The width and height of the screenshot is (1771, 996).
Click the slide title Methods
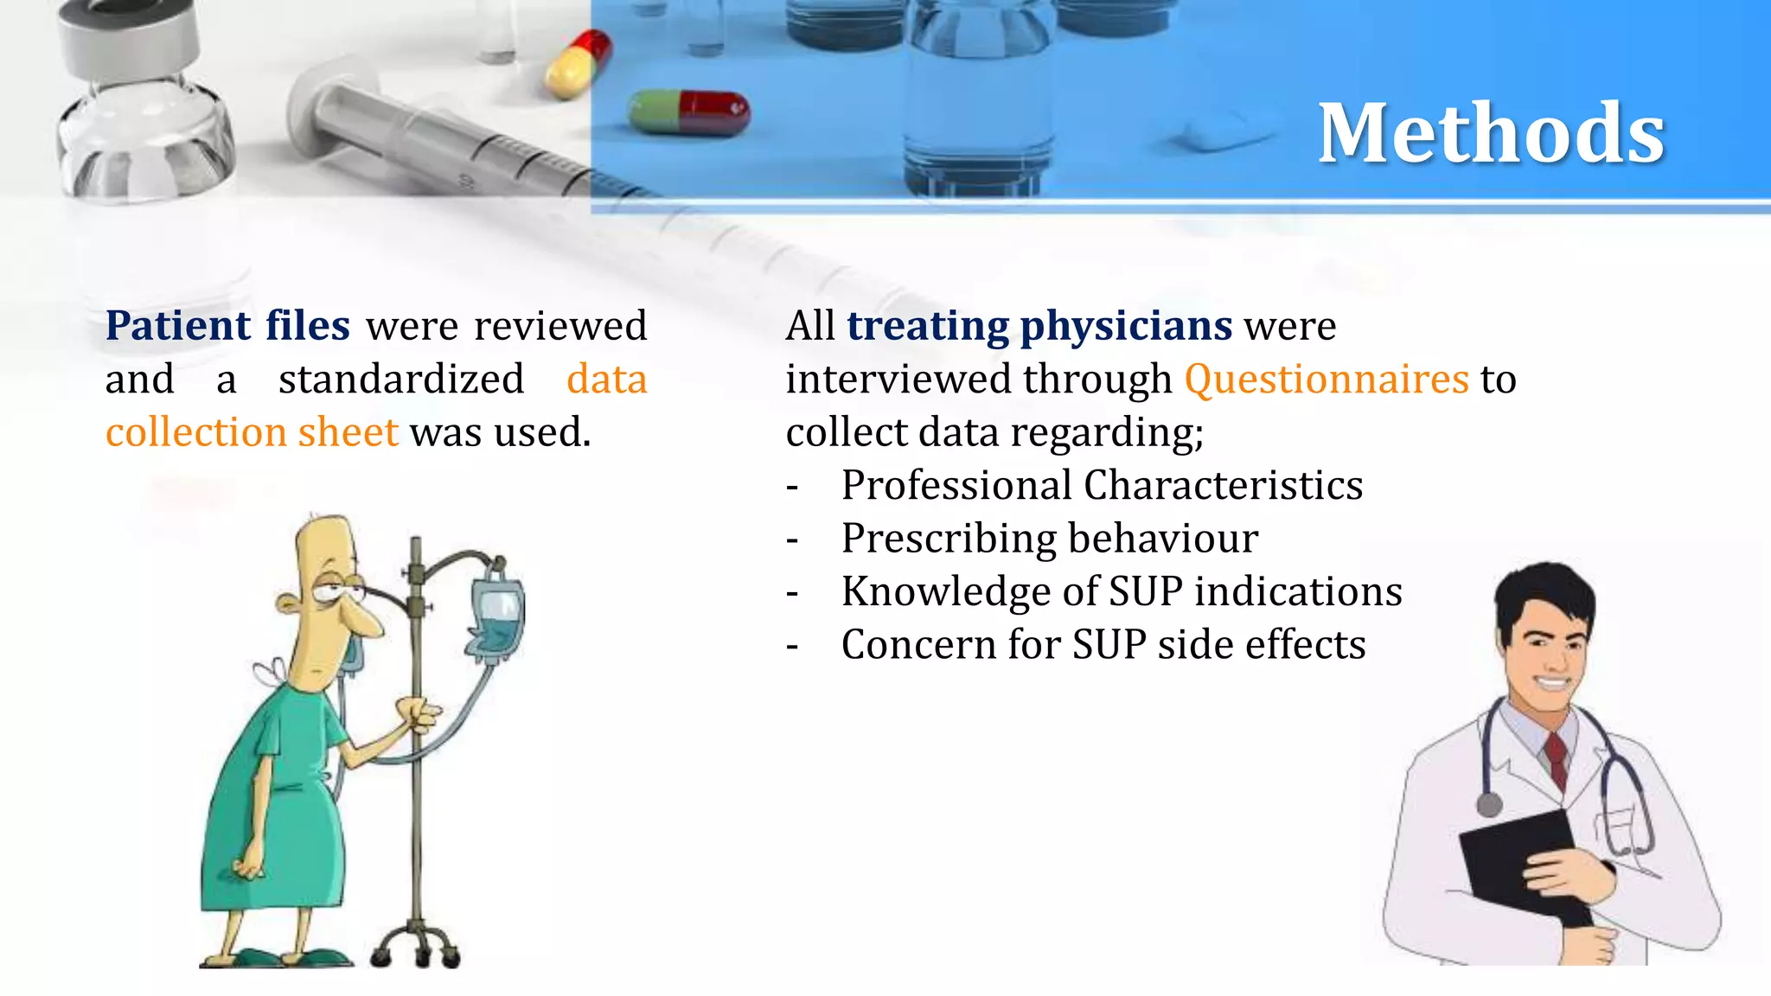[x=1491, y=133]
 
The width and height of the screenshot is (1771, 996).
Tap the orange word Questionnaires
[x=1326, y=380]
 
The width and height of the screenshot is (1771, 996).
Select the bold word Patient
[x=178, y=327]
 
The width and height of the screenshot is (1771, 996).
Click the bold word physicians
[x=1126, y=327]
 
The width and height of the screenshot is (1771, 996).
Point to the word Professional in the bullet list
[x=956, y=486]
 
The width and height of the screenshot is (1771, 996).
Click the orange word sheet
[x=348, y=432]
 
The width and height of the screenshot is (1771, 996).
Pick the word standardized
[x=401, y=380]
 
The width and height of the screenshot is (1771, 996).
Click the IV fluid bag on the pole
[x=497, y=614]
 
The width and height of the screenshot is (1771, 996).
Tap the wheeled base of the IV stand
[x=415, y=947]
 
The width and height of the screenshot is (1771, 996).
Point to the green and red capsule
[x=689, y=113]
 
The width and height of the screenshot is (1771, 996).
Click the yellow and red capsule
[x=579, y=62]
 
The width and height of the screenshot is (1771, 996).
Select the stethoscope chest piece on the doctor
[x=1489, y=804]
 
